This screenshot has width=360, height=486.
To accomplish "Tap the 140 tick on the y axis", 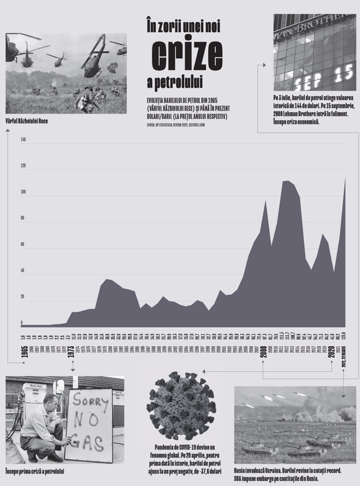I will pos(23,139).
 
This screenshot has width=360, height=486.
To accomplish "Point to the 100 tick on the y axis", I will pos(23,192).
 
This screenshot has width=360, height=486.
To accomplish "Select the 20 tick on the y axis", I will pos(23,297).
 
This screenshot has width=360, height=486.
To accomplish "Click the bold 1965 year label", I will pos(25,353).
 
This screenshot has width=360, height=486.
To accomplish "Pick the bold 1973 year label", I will pos(72,353).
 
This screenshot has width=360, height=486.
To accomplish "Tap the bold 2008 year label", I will pos(263,353).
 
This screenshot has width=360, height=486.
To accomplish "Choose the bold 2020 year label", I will pos(331,353).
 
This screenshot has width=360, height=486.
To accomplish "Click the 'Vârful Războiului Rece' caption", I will pos(26,121).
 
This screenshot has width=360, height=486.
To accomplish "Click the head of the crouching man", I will pos(48,401).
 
